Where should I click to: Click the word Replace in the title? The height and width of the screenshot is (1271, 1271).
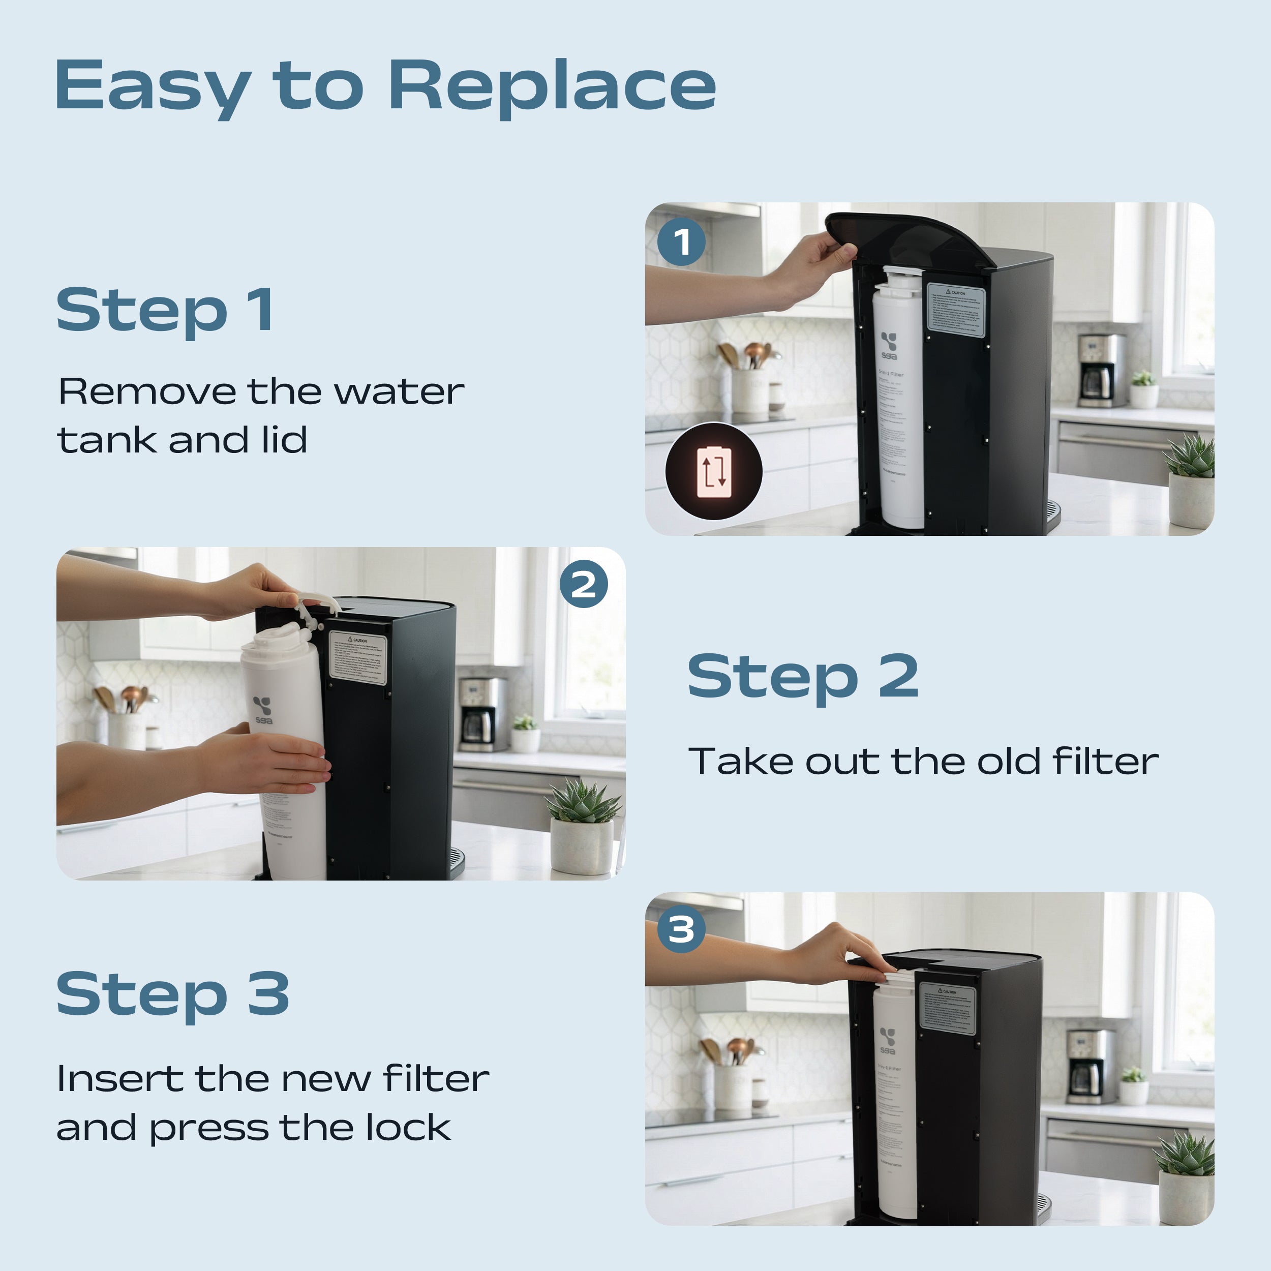coord(551,85)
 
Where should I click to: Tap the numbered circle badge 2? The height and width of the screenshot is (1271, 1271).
coord(584,584)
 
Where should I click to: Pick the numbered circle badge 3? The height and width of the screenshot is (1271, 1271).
coord(681,929)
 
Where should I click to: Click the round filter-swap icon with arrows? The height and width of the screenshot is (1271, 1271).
coord(714,472)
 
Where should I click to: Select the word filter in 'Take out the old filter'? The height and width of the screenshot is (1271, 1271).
coord(1105,761)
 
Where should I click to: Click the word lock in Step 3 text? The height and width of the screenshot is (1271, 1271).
coord(408,1128)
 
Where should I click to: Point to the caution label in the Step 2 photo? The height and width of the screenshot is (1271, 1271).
coord(357,658)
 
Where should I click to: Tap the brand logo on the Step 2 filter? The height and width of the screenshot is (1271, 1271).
coord(263,710)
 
